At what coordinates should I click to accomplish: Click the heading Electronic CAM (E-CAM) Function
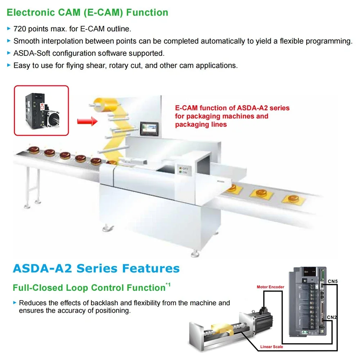[x=87, y=13]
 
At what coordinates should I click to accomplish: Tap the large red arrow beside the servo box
[x=87, y=121]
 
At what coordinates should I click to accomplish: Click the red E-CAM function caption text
[x=232, y=116]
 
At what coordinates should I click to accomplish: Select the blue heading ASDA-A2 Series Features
[x=96, y=268]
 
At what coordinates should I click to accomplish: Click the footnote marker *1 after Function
[x=168, y=285]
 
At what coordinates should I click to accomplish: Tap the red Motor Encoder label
[x=270, y=287]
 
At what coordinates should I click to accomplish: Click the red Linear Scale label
[x=271, y=347]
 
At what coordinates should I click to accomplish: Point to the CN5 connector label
[x=333, y=281]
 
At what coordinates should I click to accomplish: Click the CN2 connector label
[x=332, y=317]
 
